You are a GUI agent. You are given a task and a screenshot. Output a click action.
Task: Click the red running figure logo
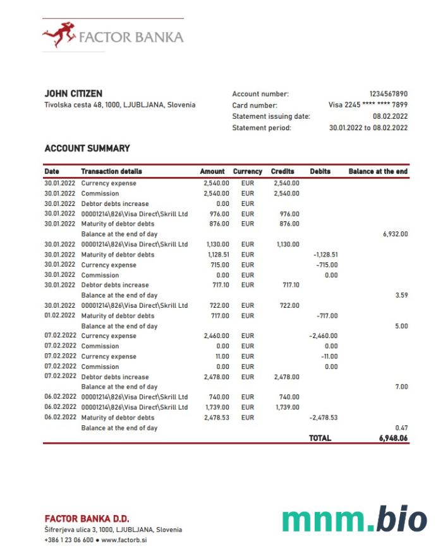click(59, 35)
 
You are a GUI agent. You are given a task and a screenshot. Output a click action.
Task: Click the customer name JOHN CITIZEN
click(73, 94)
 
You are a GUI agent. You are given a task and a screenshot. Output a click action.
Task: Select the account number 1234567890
click(388, 94)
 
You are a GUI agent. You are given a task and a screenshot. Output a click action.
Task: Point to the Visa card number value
click(368, 105)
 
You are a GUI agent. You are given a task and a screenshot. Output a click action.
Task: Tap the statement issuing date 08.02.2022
click(390, 116)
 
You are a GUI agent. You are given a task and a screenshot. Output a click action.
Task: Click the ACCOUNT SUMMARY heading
click(87, 149)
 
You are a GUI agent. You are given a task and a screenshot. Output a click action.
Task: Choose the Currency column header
click(247, 171)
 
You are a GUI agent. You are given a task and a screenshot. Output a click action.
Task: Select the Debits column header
click(321, 171)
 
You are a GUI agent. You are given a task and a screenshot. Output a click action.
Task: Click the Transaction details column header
click(111, 171)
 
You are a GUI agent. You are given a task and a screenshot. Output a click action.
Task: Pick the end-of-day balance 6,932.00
click(395, 234)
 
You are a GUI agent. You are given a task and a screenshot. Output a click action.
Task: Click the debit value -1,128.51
click(325, 255)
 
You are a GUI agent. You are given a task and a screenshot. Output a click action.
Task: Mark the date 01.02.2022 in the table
click(60, 315)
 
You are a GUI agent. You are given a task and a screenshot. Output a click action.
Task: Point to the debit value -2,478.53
click(324, 418)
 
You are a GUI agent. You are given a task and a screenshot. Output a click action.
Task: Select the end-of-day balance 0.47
click(401, 428)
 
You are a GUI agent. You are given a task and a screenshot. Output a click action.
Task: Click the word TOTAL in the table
click(320, 438)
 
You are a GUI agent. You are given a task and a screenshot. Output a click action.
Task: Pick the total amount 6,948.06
click(392, 438)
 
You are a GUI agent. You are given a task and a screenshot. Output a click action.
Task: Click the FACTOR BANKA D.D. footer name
click(87, 519)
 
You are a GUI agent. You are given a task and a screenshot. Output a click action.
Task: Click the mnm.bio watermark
click(355, 519)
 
